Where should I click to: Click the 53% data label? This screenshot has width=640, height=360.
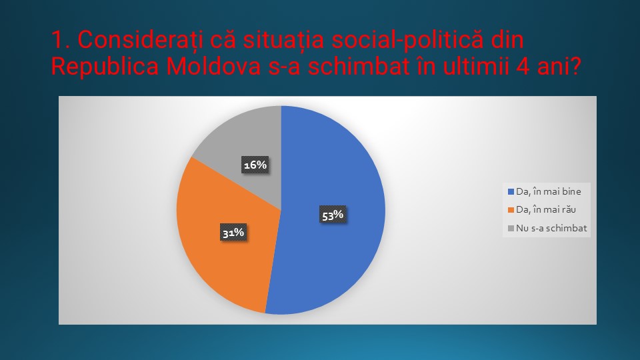click(333, 215)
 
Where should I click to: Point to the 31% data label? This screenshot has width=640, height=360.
click(233, 232)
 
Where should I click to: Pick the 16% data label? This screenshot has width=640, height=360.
click(255, 165)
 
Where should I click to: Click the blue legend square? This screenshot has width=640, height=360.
click(511, 191)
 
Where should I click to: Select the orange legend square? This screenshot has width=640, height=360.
click(511, 210)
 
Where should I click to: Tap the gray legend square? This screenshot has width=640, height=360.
click(511, 228)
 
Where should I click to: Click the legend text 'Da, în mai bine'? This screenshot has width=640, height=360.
click(548, 191)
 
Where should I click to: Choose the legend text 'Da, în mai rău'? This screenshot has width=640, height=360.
click(546, 209)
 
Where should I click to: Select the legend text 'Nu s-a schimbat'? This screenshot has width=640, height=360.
click(551, 228)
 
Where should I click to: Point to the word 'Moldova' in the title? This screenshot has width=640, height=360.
click(213, 67)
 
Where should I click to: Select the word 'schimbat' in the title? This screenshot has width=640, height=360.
click(359, 67)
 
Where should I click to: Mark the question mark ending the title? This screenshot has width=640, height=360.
click(575, 67)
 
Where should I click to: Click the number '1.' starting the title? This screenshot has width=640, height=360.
click(61, 40)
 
